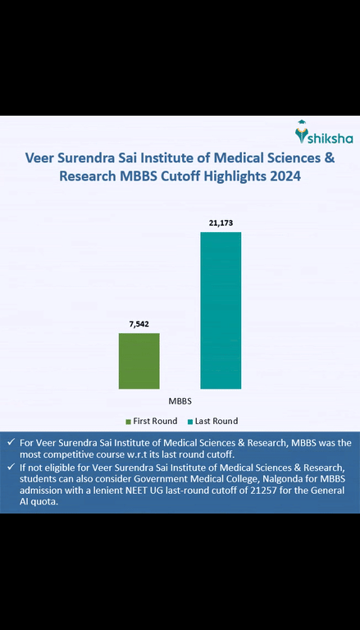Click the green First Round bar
[x=139, y=360]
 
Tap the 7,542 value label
[x=139, y=325]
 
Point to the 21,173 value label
[x=221, y=223]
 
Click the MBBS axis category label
[x=180, y=402]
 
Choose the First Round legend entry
[x=155, y=421]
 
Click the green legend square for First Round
[x=129, y=421]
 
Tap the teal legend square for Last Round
[x=190, y=421]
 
